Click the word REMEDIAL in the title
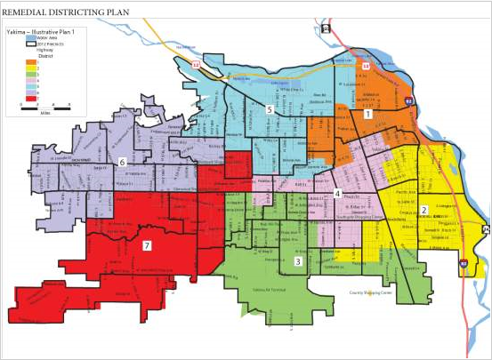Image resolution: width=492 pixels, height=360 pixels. pyautogui.click(x=34, y=12)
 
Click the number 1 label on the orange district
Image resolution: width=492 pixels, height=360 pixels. pyautogui.click(x=367, y=114)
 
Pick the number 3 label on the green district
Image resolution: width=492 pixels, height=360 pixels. pyautogui.click(x=298, y=261)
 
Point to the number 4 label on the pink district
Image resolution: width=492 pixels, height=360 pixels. pyautogui.click(x=337, y=194)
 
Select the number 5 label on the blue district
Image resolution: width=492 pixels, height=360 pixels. pyautogui.click(x=270, y=110)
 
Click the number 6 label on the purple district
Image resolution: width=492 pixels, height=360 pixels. pyautogui.click(x=121, y=161)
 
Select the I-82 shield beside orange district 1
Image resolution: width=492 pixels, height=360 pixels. pyautogui.click(x=407, y=102)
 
